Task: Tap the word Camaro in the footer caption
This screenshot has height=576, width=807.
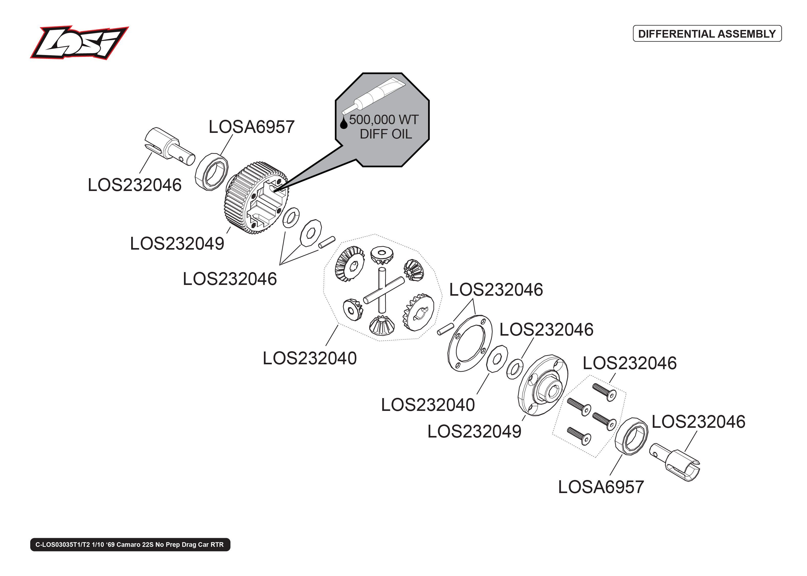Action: point(129,545)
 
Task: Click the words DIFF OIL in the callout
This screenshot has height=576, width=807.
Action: point(386,134)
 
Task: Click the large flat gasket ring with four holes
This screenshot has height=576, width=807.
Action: point(470,343)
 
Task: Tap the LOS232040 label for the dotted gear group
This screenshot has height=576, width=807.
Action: point(309,358)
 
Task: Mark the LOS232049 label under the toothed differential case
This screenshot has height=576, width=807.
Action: point(177,244)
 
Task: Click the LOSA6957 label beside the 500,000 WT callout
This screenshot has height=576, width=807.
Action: point(251,127)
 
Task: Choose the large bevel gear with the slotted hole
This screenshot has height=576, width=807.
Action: point(419,312)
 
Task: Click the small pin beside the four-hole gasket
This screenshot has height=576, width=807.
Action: point(445,328)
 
